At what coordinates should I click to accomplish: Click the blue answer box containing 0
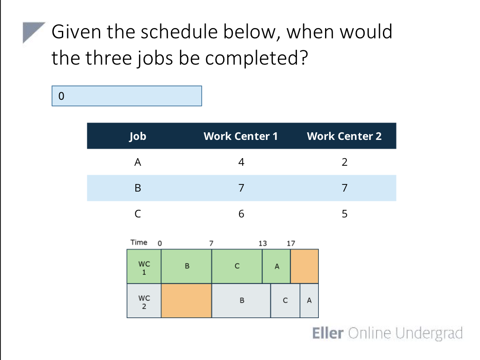coord(126,96)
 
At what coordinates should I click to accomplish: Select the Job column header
coord(138,136)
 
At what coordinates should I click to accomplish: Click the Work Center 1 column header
coord(240,136)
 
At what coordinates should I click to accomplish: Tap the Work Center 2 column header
coord(344,136)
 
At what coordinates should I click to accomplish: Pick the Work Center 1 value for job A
coord(241,162)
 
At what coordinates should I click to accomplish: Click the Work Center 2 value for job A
coord(344,162)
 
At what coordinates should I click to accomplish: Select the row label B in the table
coord(138,188)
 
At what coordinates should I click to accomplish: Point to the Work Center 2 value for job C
coord(344,214)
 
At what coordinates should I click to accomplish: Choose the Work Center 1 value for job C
coord(241,214)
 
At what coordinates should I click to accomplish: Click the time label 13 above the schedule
coord(263,243)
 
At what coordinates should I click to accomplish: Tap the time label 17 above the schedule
coord(291,243)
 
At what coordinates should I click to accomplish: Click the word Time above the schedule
coord(138,242)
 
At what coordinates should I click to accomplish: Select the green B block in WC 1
coord(187,266)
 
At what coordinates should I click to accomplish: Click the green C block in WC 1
coord(237,266)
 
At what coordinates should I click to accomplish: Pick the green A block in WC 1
coord(277,266)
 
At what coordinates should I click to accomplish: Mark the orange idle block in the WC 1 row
coord(305,266)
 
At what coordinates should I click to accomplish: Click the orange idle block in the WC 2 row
coord(187,300)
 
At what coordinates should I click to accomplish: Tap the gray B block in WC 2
coord(241,300)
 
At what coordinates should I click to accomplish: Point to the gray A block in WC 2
coord(309,300)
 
